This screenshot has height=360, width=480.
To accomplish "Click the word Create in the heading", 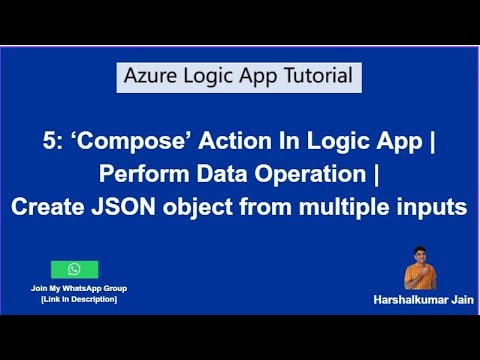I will click(x=48, y=209).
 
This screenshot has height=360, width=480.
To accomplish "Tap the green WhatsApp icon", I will click(x=74, y=270).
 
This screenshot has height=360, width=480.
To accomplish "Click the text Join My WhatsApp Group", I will click(x=74, y=288).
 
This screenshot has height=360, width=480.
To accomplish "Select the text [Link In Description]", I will click(x=74, y=299).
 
